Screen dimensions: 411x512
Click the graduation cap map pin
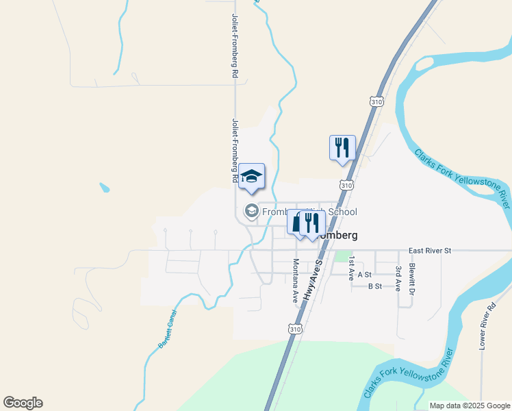point(251,177)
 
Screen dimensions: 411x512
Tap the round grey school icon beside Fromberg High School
point(251,212)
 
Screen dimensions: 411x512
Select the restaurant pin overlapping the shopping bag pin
point(313,223)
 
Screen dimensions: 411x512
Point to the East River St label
point(430,251)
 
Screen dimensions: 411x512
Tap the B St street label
point(374,286)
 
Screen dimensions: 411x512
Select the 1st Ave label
point(351,268)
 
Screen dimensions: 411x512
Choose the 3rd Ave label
point(398,277)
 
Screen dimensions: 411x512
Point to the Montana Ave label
point(296,281)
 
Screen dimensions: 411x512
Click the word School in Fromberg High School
point(342,212)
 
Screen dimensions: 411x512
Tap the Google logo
point(23,403)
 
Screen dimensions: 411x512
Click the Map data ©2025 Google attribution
point(470,406)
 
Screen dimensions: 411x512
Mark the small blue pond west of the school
point(104,187)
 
